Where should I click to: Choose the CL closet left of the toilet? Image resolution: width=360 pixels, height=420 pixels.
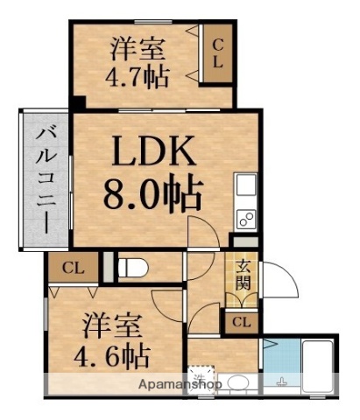tap(72, 268)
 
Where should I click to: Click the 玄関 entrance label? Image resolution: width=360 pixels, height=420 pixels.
tap(243, 276)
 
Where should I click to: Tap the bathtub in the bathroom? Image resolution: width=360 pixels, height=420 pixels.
tap(318, 367)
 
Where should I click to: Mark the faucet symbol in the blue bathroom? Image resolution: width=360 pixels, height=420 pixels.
tap(282, 381)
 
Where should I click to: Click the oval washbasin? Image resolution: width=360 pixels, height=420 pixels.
tap(236, 382)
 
